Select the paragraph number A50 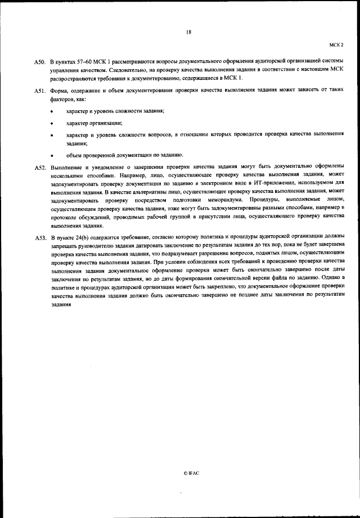(x=39, y=60)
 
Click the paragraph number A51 (x=39, y=90)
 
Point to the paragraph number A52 (x=39, y=168)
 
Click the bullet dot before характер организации (x=52, y=123)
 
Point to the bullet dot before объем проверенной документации (x=52, y=155)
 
